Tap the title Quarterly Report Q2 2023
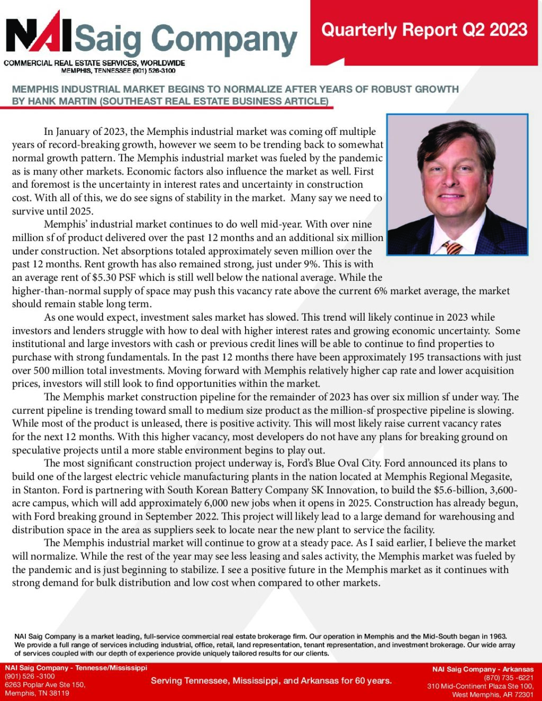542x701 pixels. (424, 30)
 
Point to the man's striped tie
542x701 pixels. (453, 247)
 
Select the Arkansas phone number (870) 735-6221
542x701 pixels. (509, 678)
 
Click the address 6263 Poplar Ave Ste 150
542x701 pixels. (45, 685)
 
